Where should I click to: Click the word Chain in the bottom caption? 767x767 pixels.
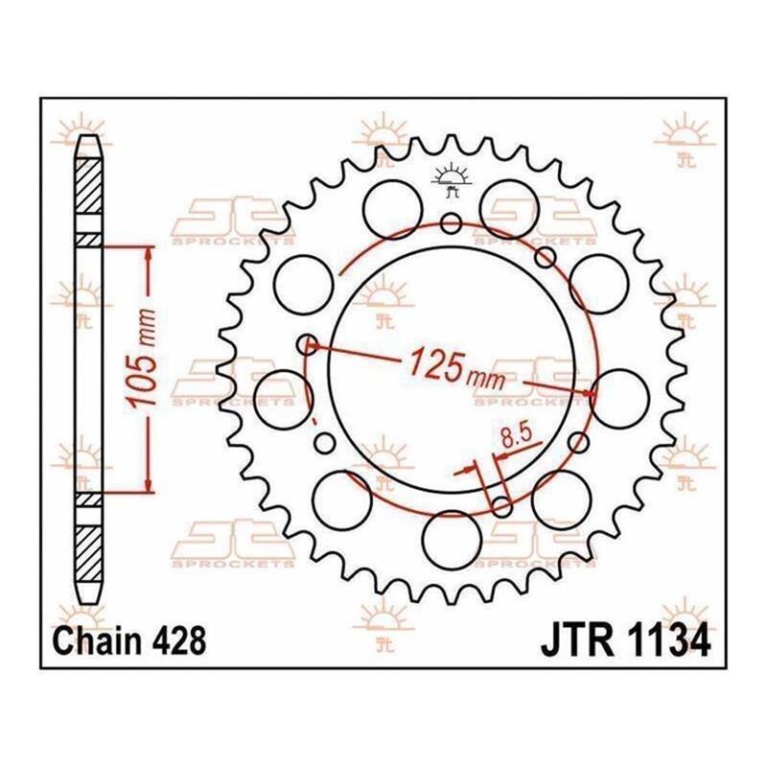click(98, 641)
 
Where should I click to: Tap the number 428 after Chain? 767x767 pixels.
click(178, 641)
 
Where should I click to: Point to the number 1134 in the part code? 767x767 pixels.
click(666, 641)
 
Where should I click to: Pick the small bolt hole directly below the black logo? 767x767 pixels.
click(451, 223)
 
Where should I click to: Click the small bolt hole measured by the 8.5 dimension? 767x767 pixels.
click(501, 507)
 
